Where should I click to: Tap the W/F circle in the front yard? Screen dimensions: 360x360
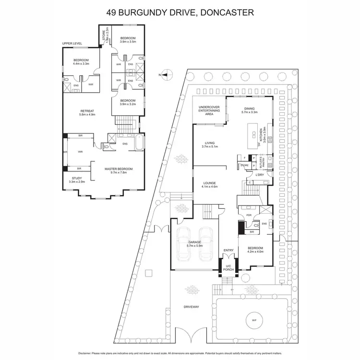252,320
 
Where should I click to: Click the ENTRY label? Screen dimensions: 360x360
228,250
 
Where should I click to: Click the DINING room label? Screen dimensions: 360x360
250,109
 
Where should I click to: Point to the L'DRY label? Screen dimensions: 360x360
260,174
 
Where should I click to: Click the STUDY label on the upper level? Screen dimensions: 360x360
77,180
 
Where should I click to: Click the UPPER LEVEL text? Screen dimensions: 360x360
72,44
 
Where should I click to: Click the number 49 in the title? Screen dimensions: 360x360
111,12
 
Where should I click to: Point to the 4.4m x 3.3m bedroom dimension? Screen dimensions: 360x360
81,63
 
